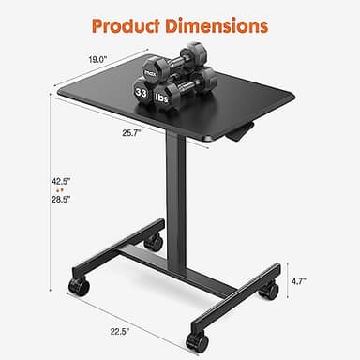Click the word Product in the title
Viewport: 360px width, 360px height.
tap(127, 22)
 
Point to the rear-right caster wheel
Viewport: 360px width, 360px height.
tap(268, 291)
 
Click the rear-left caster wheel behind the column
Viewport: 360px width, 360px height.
tap(152, 244)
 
